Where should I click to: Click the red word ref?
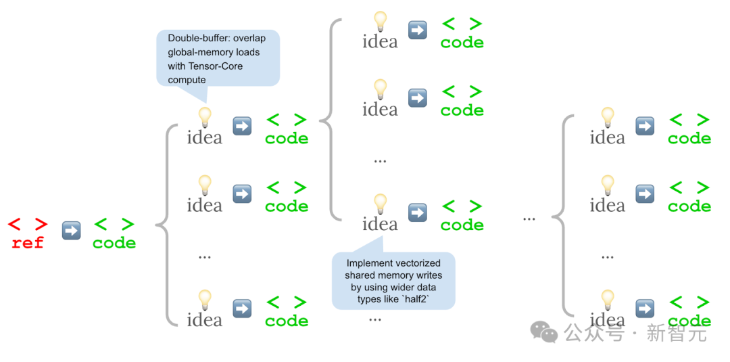[28, 243]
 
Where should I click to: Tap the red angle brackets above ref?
[28, 225]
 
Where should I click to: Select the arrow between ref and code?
[71, 231]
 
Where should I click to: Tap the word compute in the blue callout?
[187, 80]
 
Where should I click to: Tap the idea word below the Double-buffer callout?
[204, 137]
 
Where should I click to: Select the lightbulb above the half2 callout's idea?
[381, 203]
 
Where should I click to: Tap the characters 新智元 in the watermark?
[677, 333]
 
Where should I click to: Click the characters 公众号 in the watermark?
[595, 333]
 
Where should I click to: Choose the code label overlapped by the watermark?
[689, 321]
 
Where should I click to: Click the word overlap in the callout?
[252, 38]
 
